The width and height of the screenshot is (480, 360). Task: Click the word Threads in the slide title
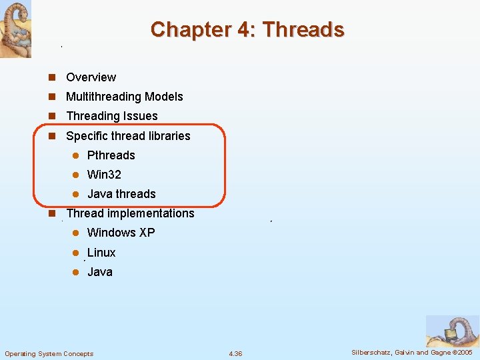tap(303, 30)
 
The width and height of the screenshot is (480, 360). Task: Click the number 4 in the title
tap(243, 30)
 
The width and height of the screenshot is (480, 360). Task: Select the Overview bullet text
tap(91, 77)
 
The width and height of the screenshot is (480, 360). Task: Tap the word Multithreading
tap(104, 97)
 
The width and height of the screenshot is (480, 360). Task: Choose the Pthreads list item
tap(111, 155)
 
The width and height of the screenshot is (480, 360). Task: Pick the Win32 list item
tap(104, 175)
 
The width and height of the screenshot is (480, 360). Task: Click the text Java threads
tap(121, 194)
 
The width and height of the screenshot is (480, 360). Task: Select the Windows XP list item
tap(121, 233)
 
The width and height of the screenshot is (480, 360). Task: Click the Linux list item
tap(101, 253)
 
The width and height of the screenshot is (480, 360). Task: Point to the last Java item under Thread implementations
tap(100, 272)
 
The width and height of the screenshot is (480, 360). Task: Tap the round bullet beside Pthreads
tap(76, 155)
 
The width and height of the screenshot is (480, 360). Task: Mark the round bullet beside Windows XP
tap(76, 233)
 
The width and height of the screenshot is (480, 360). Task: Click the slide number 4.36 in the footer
tap(235, 353)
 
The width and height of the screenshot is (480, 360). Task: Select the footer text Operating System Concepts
tap(49, 353)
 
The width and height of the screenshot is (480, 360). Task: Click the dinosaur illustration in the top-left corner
tap(15, 29)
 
